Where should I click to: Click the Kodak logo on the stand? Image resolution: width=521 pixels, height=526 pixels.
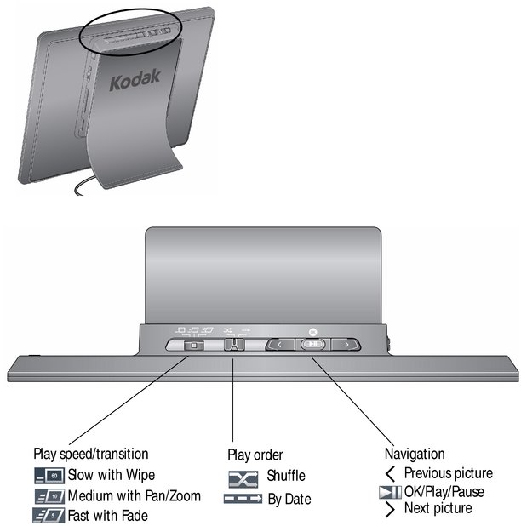pos(135,83)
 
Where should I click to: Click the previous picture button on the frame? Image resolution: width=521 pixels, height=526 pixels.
pos(281,345)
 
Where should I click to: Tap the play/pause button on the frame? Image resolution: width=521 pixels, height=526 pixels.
pos(313,345)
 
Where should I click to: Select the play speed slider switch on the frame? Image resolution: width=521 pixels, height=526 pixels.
pos(192,346)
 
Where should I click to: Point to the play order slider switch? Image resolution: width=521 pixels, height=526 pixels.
pos(233,345)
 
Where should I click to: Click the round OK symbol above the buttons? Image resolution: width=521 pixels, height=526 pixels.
pos(312,328)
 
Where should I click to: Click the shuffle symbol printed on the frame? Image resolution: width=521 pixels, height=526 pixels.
pos(227,329)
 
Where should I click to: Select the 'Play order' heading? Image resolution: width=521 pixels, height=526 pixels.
pos(255,455)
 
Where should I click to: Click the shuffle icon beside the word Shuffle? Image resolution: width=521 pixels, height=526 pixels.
pos(242,477)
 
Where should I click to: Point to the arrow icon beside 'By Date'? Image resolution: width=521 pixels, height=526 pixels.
pos(242,499)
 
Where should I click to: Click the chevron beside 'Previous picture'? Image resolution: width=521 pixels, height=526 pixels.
pos(390,473)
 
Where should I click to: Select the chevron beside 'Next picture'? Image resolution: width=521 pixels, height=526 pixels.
pos(390,509)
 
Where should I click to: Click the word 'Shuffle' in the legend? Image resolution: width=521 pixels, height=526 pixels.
pos(286,477)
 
